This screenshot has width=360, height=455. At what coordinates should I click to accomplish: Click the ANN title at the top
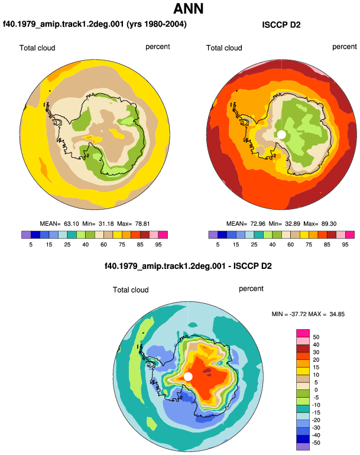click(x=189, y=9)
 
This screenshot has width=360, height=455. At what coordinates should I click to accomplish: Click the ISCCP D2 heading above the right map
click(x=281, y=25)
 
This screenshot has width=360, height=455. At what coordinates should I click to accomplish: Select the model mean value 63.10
click(x=72, y=224)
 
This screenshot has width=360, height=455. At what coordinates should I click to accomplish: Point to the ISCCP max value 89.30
click(x=329, y=224)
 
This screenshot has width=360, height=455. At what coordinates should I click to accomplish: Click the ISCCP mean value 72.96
click(x=258, y=224)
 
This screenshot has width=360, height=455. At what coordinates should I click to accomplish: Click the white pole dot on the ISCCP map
click(x=281, y=134)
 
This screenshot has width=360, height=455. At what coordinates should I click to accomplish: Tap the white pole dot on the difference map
click(x=188, y=376)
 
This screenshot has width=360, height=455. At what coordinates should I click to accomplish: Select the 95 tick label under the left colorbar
click(x=158, y=245)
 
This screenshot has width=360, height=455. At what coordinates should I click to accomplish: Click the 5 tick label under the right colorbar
click(x=218, y=245)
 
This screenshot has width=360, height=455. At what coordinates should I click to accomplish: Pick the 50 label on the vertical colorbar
click(x=316, y=337)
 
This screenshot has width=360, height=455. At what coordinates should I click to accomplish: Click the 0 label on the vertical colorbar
click(x=316, y=390)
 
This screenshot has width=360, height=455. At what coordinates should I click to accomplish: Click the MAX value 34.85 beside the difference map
click(x=337, y=314)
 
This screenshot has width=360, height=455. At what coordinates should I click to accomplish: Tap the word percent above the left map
click(x=158, y=47)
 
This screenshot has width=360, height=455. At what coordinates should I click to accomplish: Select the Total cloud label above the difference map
click(x=131, y=290)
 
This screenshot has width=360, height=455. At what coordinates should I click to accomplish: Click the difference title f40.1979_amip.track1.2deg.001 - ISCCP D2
click(x=188, y=266)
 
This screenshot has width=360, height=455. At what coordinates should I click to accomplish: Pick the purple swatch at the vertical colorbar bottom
click(x=303, y=447)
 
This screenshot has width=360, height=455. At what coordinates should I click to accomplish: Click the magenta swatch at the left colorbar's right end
click(x=163, y=235)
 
